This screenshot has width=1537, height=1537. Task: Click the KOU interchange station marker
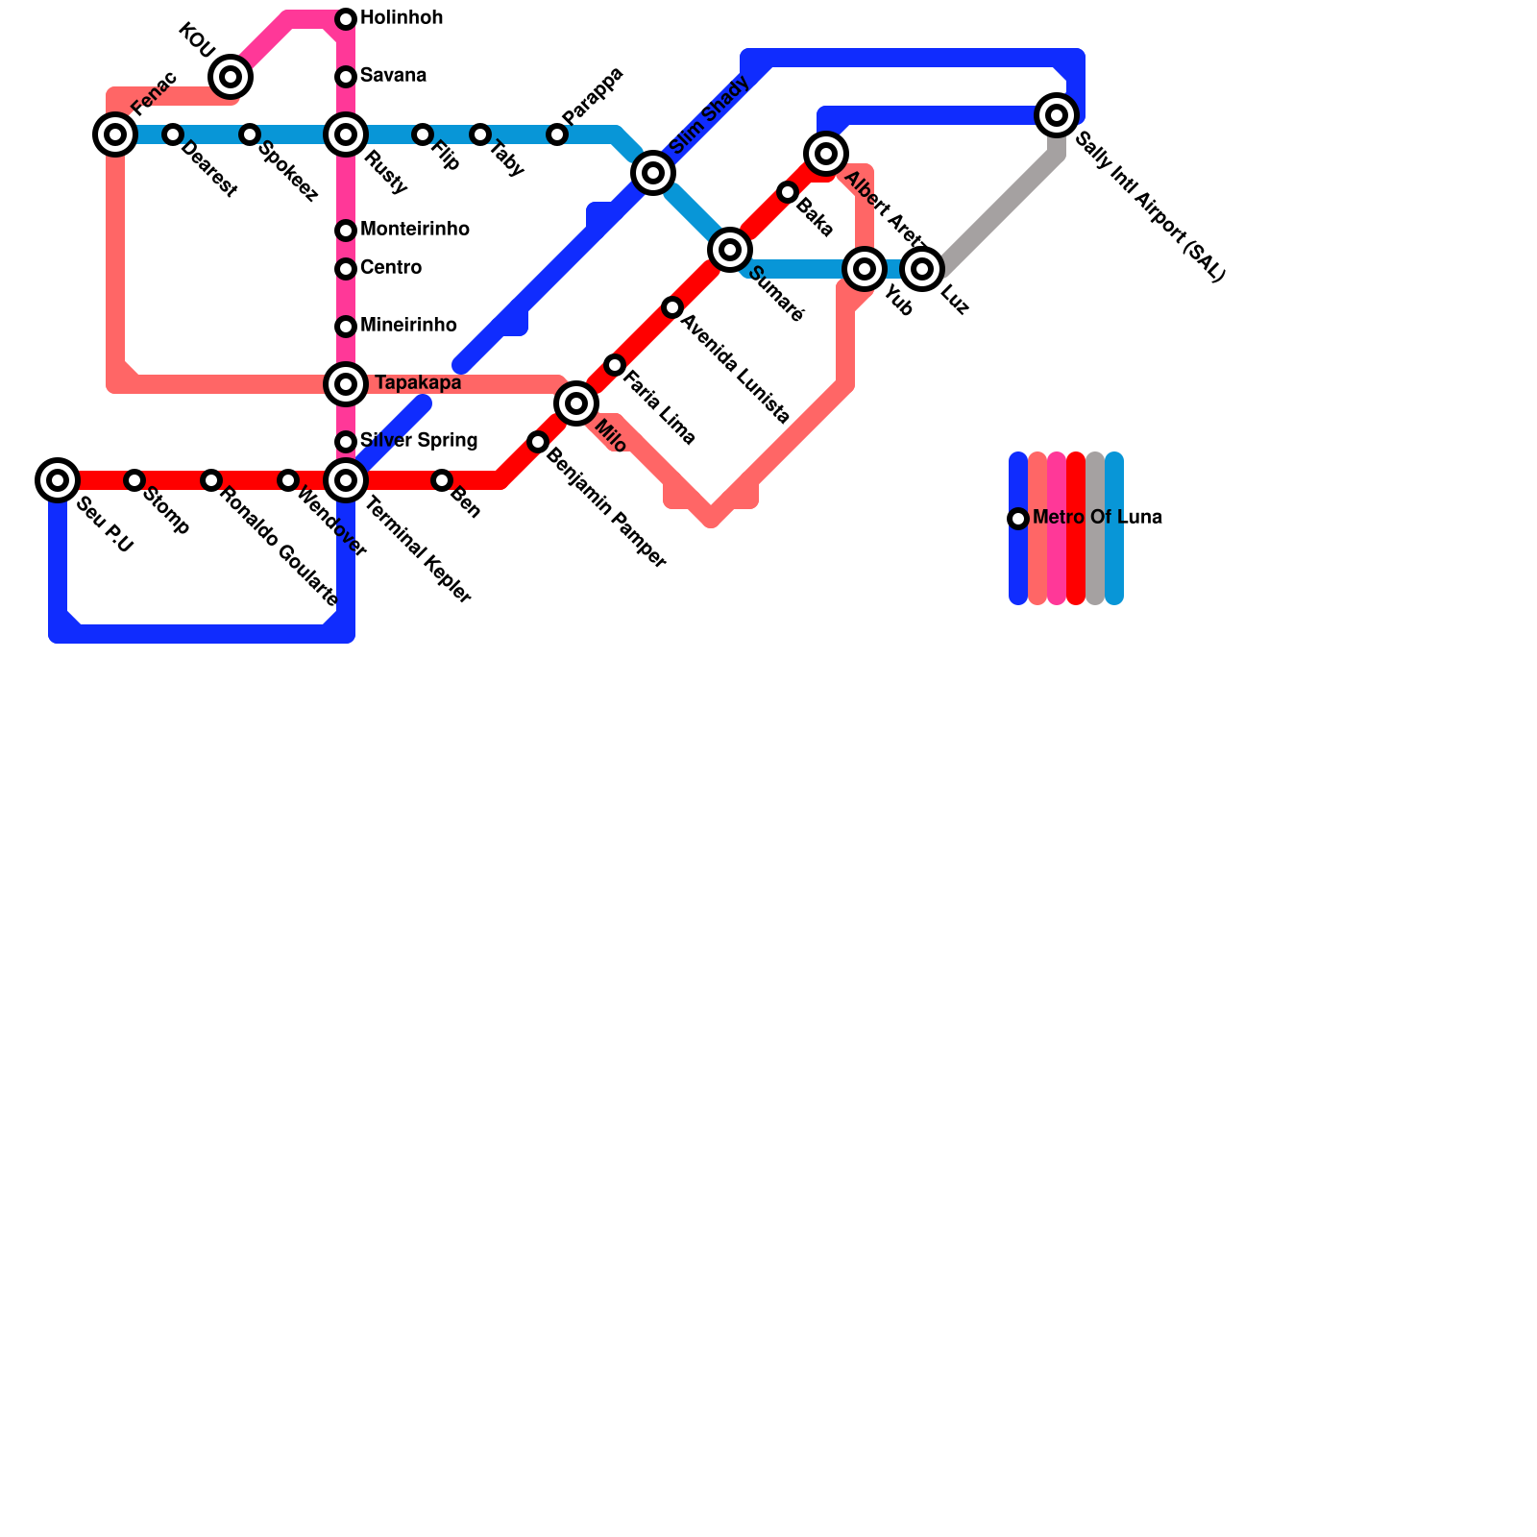pos(231,77)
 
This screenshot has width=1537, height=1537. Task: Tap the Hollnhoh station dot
pos(346,19)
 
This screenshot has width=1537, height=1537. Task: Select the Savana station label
pos(393,76)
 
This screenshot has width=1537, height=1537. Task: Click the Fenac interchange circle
pos(115,134)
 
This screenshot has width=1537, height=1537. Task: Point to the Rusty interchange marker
pos(346,134)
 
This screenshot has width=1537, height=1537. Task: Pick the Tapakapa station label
pos(417,383)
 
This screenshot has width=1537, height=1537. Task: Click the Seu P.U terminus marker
pos(58,479)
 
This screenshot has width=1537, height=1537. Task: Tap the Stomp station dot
pos(134,480)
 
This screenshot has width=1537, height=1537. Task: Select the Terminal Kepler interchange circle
pos(346,479)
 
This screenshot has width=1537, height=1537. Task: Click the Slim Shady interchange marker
pos(653,173)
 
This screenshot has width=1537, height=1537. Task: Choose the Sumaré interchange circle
pos(730,250)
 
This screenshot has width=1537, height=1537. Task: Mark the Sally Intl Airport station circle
pos(1057,115)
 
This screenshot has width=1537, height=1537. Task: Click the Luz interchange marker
pos(922,269)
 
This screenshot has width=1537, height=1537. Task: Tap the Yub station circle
pos(865,269)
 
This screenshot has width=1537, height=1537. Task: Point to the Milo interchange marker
pos(576,403)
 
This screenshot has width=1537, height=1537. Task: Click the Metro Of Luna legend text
pos(1097,518)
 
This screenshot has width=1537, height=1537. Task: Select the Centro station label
pos(390,268)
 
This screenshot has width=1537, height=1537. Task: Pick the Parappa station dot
pos(557,134)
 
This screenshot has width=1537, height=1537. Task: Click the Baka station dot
pos(788,193)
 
